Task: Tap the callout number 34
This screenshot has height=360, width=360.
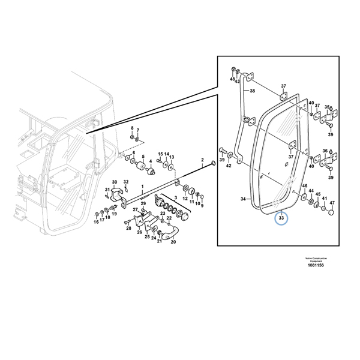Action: point(243,199)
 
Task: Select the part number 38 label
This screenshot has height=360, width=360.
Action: point(252,91)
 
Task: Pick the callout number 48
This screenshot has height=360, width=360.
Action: point(232,79)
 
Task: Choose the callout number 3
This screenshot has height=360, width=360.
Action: point(175,197)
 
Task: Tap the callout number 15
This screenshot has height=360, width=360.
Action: point(160,154)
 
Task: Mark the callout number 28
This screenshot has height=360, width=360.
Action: point(128,228)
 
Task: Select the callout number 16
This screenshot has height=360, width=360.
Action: point(95,222)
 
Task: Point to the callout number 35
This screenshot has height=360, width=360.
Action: point(327,107)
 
